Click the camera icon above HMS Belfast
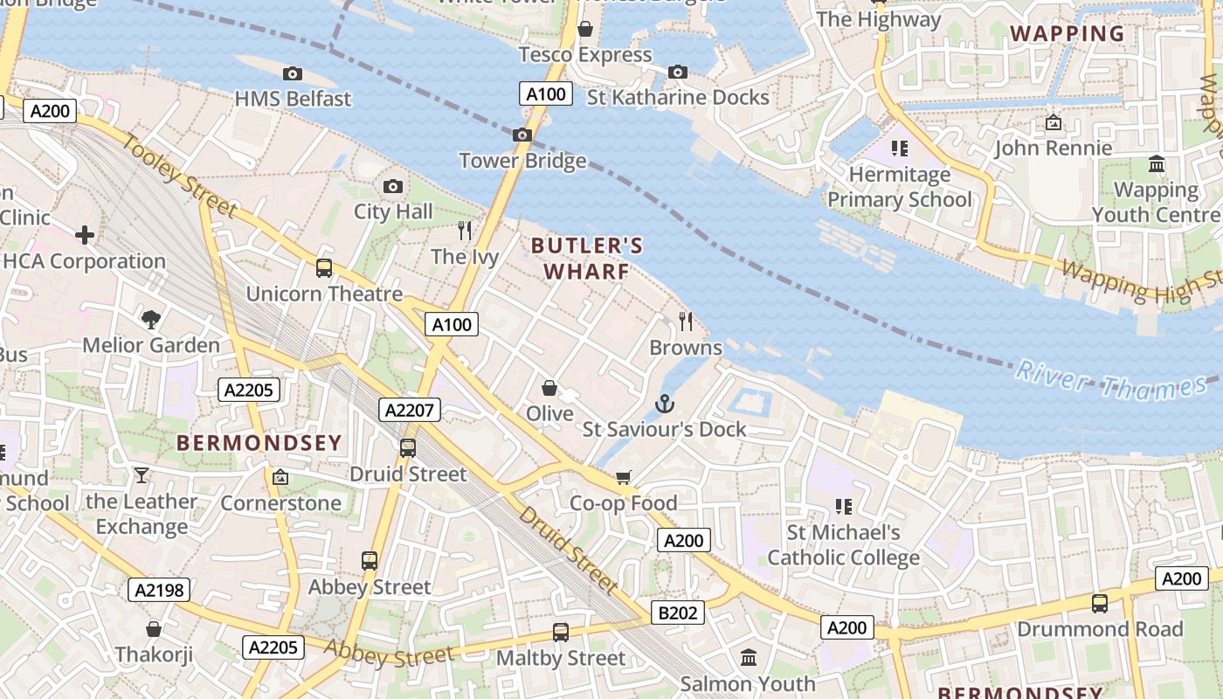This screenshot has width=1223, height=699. pos(293,74)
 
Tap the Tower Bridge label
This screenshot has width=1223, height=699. pos(522,161)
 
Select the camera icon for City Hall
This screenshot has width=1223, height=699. pos(393,186)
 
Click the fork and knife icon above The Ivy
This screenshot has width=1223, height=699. pos(465,231)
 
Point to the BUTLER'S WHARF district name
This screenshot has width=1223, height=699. pos(587,259)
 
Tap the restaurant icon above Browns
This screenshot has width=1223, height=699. pos(686,322)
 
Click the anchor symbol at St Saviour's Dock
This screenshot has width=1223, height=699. pos(665,404)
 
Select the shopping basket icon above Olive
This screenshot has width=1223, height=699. pos(549,387)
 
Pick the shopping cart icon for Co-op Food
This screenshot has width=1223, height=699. pos(624,477)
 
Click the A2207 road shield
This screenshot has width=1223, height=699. pos(410,410)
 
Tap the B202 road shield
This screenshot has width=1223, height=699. pos(678,613)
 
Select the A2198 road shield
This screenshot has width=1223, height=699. pos(159,590)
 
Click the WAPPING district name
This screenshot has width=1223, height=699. pos(1067,34)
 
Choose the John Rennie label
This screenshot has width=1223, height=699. pos(1054,148)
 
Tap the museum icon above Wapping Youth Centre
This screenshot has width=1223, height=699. pos(1157,164)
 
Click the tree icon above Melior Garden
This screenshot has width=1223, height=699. pos(151,320)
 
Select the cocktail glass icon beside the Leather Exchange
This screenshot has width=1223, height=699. pos(142,475)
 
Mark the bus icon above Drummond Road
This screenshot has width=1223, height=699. pos(1100,603)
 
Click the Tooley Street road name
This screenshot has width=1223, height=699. pos(180,176)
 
